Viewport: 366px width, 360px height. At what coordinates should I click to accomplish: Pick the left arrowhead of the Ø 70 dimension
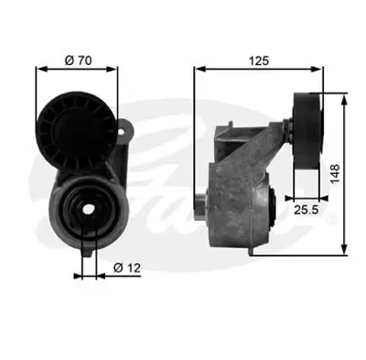(39, 66)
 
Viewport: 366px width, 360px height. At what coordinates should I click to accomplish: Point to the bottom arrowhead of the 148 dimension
(342, 250)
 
